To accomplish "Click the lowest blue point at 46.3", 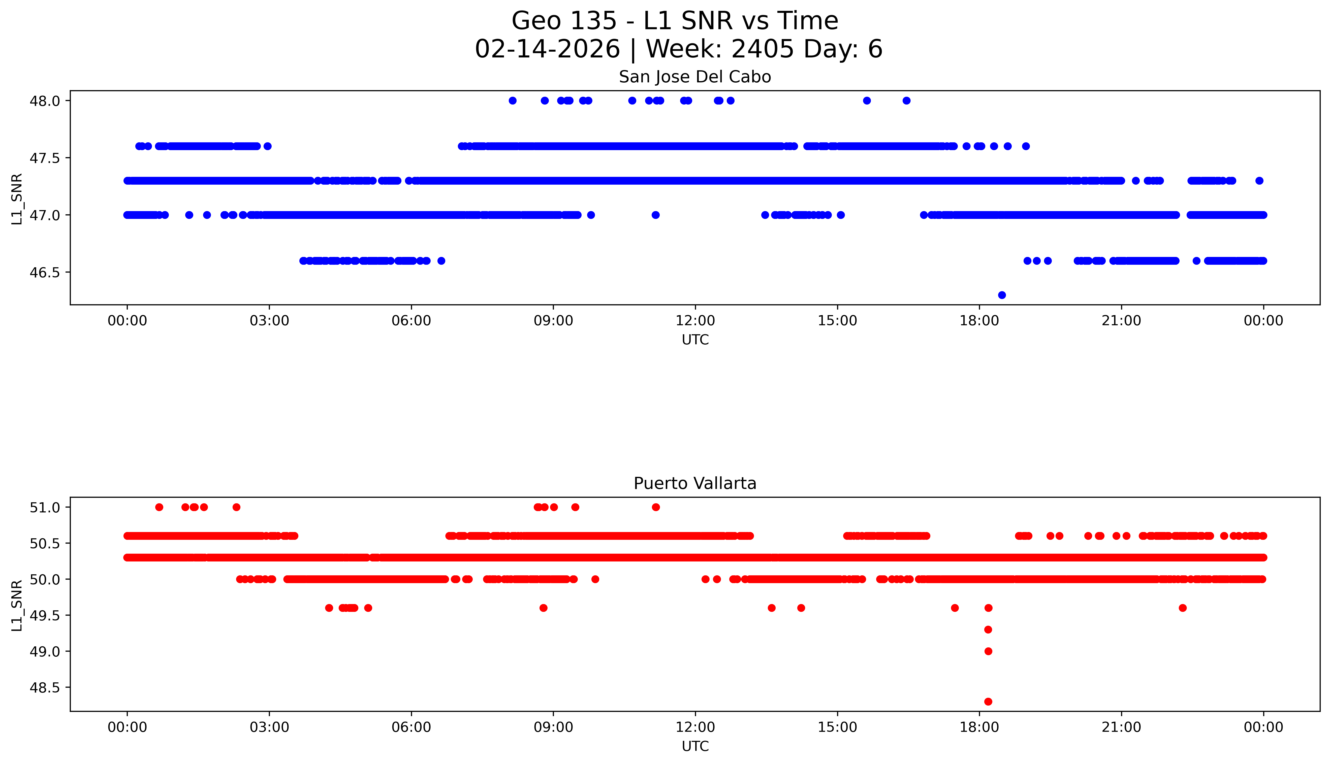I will pyautogui.click(x=1001, y=295).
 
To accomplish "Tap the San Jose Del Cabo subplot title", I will pyautogui.click(x=695, y=77).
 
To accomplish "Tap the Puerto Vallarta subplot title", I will pyautogui.click(x=695, y=483).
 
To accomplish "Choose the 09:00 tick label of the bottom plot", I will pyautogui.click(x=553, y=727).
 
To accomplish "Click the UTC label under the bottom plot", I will pyautogui.click(x=695, y=746).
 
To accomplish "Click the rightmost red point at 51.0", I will pyautogui.click(x=656, y=507).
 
